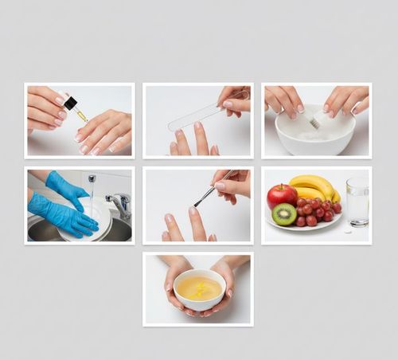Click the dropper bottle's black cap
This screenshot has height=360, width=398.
coord(70,103)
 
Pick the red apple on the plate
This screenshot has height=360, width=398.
coord(281,195)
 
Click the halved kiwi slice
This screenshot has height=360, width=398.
coord(284,213)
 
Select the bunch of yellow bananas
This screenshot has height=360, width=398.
coord(312,186)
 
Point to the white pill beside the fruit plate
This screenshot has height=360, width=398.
coord(347,232)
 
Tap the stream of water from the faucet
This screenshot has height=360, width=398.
coord(92,191)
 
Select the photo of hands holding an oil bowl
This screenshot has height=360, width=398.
coord(198,289)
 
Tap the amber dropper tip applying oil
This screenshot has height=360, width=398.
coord(81,116)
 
